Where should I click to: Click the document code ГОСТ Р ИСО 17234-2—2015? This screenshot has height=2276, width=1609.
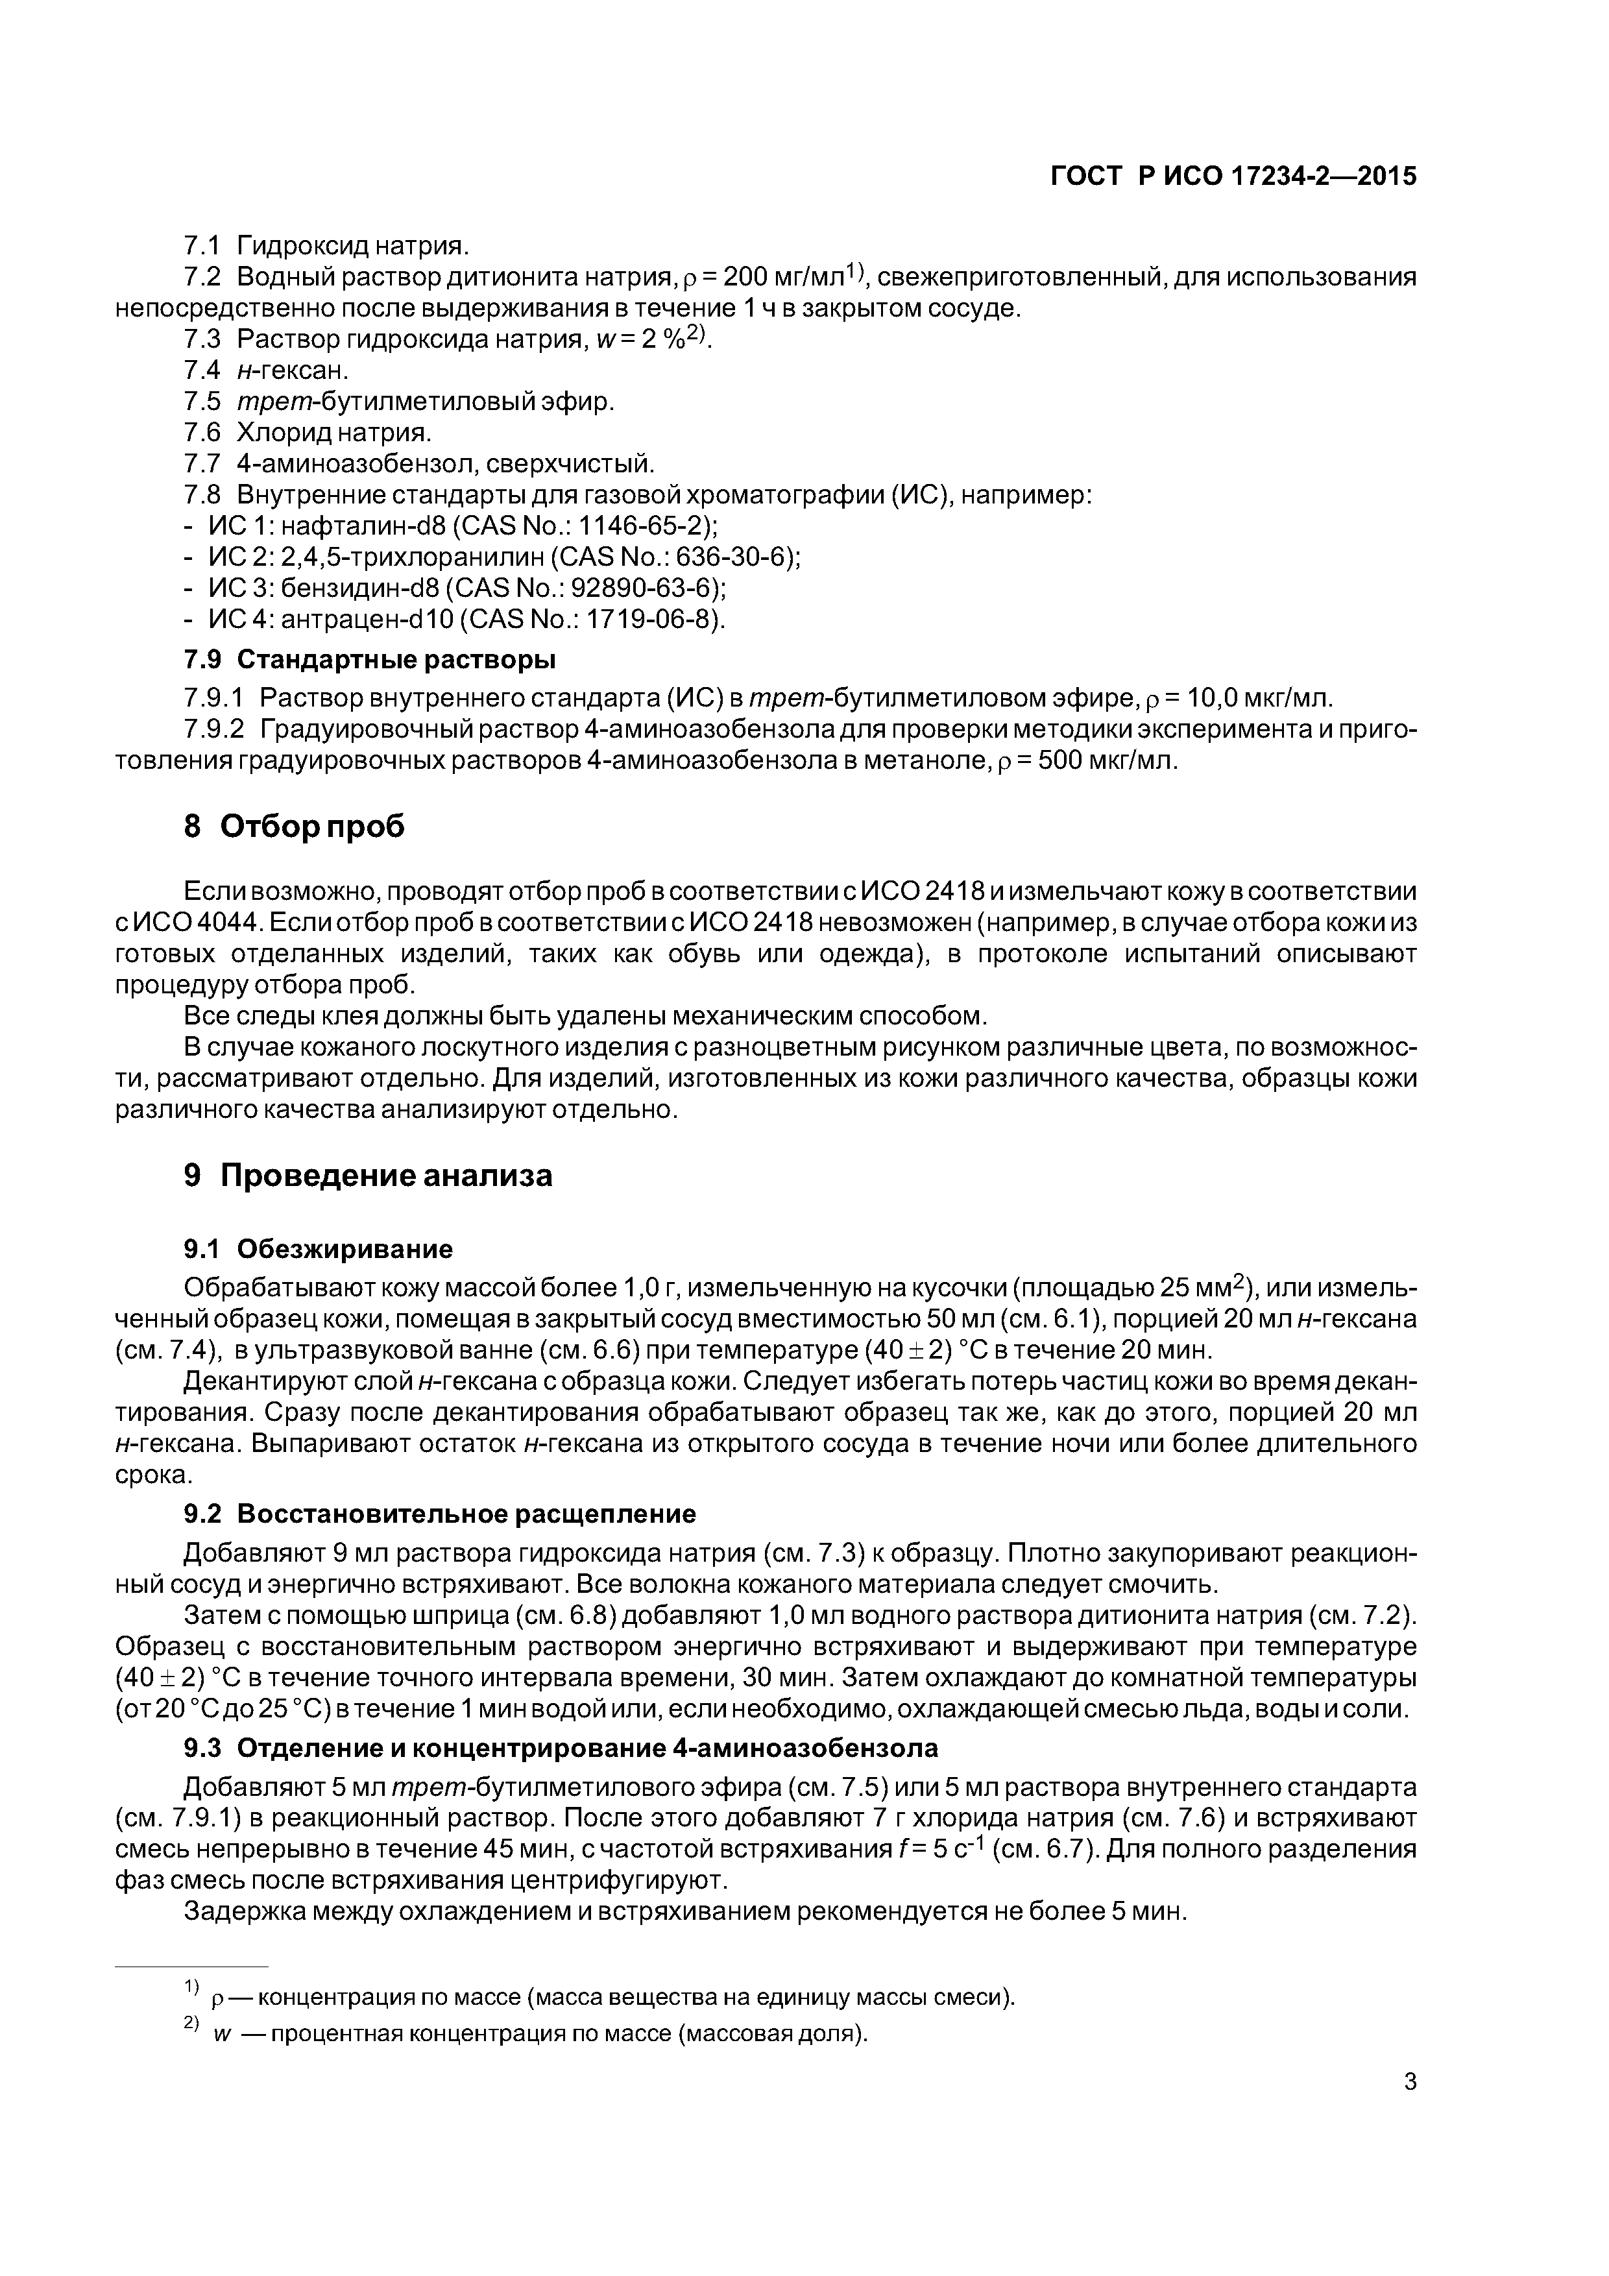[x=1233, y=176]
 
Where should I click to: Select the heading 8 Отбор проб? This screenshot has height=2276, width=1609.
[x=295, y=826]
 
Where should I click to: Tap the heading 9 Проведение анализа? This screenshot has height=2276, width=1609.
[x=368, y=1175]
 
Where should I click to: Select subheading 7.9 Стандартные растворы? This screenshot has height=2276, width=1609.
[x=370, y=659]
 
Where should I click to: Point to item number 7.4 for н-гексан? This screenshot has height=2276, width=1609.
[x=203, y=370]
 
